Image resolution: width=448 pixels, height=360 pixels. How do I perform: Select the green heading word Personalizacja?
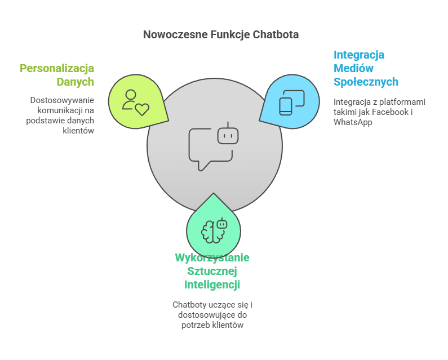click(57, 68)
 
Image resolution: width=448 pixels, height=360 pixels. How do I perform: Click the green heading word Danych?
click(75, 82)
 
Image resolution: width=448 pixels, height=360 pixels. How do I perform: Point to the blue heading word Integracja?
click(359, 55)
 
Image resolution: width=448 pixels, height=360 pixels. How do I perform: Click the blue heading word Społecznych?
click(366, 82)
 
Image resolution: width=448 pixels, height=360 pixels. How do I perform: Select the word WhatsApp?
click(353, 122)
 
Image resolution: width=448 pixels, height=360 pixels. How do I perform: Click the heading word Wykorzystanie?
click(212, 257)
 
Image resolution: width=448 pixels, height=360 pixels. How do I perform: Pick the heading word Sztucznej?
click(212, 271)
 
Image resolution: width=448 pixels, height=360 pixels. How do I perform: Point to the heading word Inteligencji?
click(212, 285)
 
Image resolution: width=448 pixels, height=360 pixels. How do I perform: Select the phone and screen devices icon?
click(292, 102)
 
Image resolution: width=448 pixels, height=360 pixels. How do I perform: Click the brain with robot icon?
click(214, 229)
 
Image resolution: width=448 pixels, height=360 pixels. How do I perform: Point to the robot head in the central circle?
click(228, 135)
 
